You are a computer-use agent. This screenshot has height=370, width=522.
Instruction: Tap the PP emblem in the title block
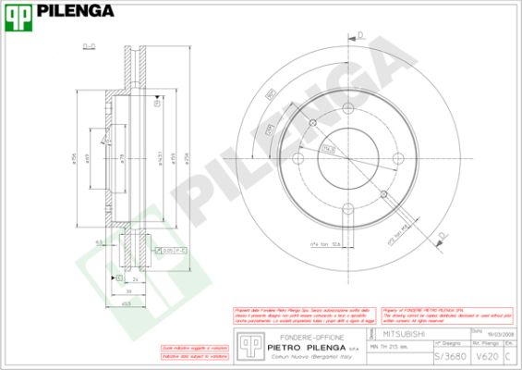coord(246,343)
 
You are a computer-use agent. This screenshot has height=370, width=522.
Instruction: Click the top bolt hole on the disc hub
coord(313,123)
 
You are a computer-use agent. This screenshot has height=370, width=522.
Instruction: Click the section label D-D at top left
coord(90,45)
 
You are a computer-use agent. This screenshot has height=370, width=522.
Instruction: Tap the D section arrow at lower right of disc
coord(442,237)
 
